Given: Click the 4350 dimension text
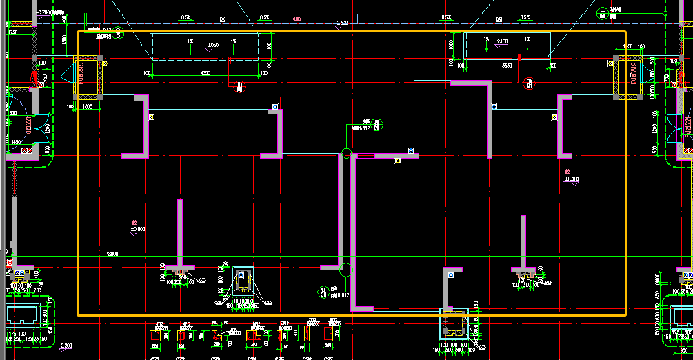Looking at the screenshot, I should coord(205,73).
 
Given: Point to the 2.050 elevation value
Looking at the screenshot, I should coord(212,45).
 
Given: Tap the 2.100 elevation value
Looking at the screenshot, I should coord(502,42).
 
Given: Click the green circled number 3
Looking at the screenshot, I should coord(119,32).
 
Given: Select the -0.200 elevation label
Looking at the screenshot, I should coord(65,345).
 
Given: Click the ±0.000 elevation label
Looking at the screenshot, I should coord(138,228).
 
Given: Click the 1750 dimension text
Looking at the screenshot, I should coord(13,33).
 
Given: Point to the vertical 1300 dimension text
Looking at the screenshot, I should coord(63,41).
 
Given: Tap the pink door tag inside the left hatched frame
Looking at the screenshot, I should coord(82,73).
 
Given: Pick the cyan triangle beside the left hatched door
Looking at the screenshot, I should coord(68,74).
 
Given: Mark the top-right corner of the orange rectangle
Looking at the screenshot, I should coord(625,31).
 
